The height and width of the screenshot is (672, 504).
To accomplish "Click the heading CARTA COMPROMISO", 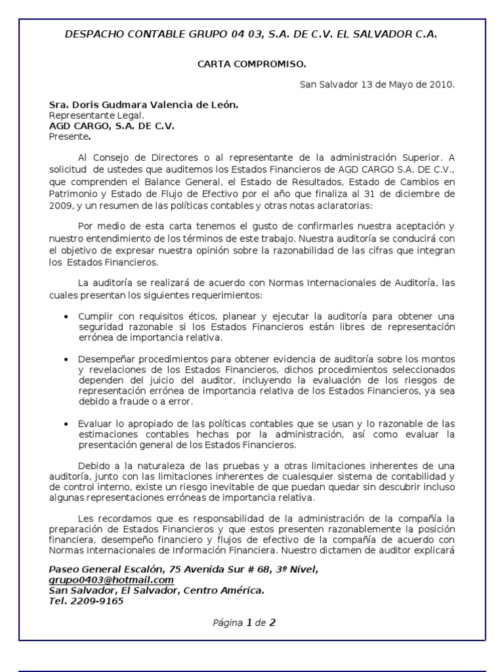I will (x=252, y=64).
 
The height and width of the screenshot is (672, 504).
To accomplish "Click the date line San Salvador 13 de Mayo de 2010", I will (x=377, y=85).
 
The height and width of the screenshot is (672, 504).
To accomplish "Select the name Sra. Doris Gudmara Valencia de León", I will (x=144, y=105).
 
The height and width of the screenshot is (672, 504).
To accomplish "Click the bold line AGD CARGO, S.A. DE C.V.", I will (x=112, y=126).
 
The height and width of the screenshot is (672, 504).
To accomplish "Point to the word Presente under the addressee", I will (x=68, y=136).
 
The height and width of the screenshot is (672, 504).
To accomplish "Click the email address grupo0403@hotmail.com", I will (x=111, y=580).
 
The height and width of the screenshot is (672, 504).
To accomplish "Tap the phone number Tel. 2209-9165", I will (x=86, y=600).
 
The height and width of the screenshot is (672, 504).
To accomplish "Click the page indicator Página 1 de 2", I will (x=244, y=623).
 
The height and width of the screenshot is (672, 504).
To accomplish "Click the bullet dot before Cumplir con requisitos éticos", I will (x=66, y=317).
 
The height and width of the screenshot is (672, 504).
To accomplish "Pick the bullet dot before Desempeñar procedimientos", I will (x=66, y=360).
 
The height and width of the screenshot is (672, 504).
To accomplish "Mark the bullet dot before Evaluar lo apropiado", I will (x=66, y=424).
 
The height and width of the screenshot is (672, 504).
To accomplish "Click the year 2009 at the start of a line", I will (x=60, y=205).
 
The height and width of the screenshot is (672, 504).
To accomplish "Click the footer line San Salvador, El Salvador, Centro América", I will (x=157, y=591).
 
